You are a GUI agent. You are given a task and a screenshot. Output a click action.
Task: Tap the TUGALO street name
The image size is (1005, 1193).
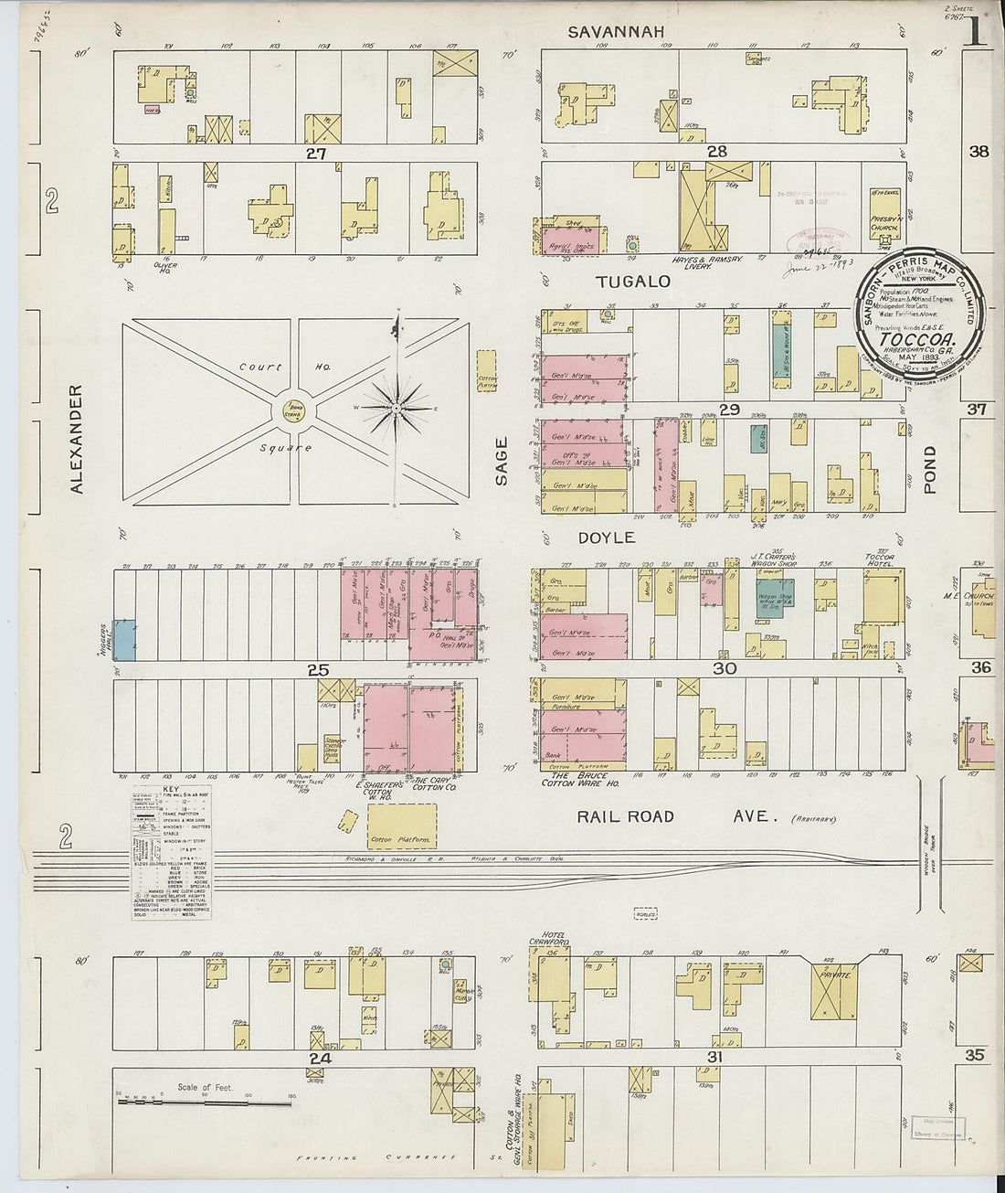633,282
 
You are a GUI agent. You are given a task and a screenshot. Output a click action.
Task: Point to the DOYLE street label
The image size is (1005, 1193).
607,538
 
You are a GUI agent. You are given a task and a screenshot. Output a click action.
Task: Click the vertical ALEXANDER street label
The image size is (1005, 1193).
77,439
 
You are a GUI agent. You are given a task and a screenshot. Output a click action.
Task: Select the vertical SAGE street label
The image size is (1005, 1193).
501,462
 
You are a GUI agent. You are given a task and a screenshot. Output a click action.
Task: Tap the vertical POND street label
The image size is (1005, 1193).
930,470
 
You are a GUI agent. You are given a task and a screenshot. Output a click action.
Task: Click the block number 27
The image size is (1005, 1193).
316,154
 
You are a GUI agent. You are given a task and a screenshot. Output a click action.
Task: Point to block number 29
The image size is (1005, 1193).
728,410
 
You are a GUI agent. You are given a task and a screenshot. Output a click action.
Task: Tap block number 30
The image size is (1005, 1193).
725,669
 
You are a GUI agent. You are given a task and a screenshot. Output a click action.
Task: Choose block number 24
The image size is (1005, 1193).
319,1059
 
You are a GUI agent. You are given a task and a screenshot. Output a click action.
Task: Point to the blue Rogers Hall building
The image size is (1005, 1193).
124,640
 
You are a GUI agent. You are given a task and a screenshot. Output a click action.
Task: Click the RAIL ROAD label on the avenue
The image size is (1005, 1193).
625,816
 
